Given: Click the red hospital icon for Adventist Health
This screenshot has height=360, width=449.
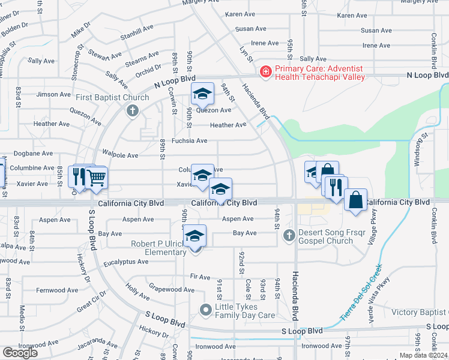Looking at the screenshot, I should point(265,72).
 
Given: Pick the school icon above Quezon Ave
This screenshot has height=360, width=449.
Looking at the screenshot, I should point(203,94).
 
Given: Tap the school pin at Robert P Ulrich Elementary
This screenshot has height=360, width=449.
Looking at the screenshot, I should point(194,236).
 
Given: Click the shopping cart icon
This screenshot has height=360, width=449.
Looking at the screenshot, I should point(96,178).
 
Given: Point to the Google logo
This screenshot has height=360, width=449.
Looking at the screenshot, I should point(20,352).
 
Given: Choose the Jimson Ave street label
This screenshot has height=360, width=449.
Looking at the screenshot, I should point(53,94).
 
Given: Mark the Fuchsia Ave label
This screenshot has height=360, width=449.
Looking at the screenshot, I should point(189,141).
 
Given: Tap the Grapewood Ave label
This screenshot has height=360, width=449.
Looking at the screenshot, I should point(171,290).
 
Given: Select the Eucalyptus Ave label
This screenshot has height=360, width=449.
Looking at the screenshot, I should point(126,262).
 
